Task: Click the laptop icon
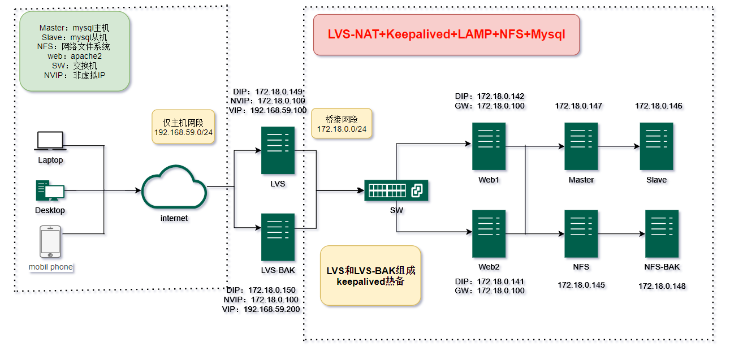50,141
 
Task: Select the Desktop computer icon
50,191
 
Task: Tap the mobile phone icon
50,242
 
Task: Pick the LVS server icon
278,150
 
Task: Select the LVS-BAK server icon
278,237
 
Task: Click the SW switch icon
396,190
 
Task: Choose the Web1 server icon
489,146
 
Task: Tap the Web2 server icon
489,233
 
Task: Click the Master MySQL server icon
581,146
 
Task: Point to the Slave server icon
656,146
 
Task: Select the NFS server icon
581,233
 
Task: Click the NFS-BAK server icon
662,233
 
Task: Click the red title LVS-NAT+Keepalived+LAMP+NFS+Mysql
446,34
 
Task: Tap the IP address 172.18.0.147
578,106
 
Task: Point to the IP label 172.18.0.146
658,106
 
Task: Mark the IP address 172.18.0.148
662,286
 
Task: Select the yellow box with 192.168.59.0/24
183,128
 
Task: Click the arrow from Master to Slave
619,146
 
